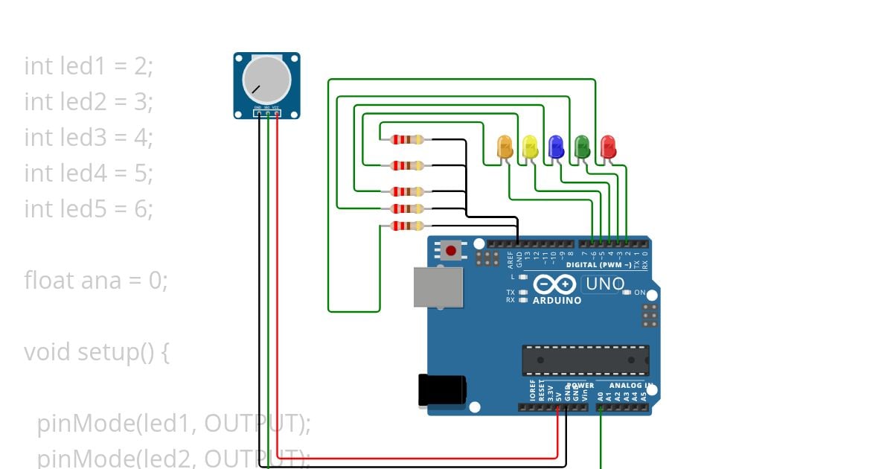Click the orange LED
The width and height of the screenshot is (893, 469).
coord(505,146)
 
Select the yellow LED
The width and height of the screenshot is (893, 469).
coord(530,146)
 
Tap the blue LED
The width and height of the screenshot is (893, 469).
coord(556,146)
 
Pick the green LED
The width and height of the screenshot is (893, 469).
coord(582,146)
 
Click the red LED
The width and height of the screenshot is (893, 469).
coord(608,146)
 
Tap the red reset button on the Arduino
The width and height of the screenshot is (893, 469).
coord(450,249)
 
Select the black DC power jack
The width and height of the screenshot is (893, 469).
coord(442,391)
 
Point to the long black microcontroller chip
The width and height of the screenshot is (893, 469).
coord(585,360)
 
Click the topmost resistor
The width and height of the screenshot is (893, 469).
coord(406,139)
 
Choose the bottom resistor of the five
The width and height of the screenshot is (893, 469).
coord(406,226)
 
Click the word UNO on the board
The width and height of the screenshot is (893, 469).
coord(605,284)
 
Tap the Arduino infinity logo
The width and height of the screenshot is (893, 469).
coord(554,284)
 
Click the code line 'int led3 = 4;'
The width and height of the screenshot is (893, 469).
coord(89,137)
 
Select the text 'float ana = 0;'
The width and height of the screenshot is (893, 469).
coord(96,280)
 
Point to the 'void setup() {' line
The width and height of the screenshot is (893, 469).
coord(97,351)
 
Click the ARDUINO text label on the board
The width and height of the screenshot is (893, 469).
coord(557,301)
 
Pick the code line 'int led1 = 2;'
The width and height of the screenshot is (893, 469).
coord(89,66)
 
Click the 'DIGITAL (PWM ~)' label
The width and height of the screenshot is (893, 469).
coord(599,265)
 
